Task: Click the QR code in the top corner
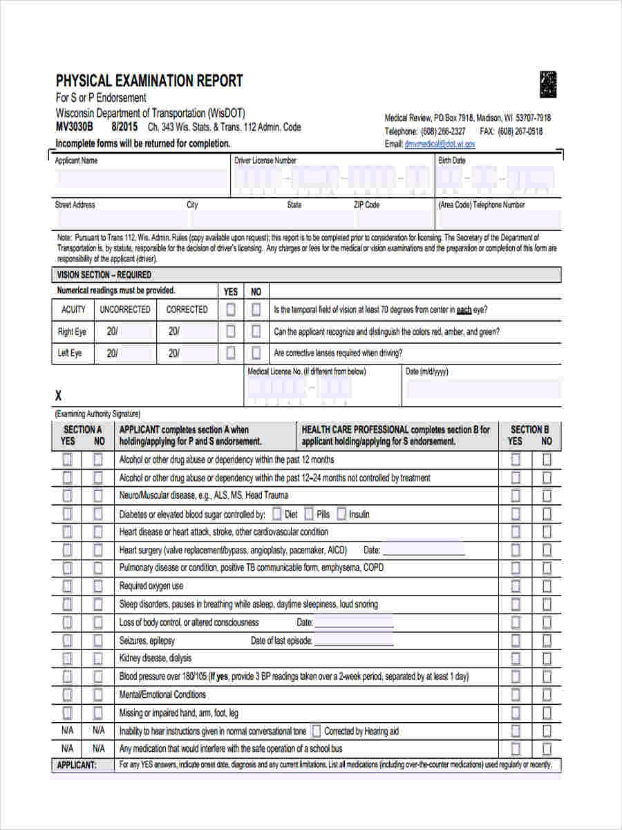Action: [x=548, y=84]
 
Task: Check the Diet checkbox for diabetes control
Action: [x=276, y=514]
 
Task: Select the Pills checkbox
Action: [x=308, y=514]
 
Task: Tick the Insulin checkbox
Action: [x=341, y=514]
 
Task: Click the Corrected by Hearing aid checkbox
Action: [x=316, y=730]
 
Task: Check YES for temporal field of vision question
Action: [x=231, y=310]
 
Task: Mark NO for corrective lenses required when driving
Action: [x=256, y=353]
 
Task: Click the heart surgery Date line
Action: [x=423, y=551]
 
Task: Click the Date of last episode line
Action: [x=353, y=641]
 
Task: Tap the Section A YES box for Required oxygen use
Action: [x=67, y=586]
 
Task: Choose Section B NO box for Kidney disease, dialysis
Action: [x=547, y=658]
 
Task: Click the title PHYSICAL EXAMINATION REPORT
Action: [x=149, y=81]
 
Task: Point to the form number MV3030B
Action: [x=74, y=127]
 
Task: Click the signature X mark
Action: [x=59, y=396]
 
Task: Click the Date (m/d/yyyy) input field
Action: [x=482, y=389]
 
